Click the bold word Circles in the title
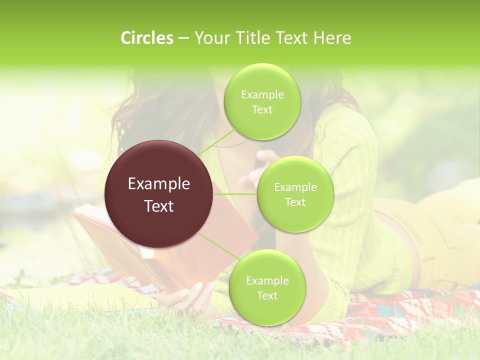[147, 38]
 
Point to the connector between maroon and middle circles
[235, 194]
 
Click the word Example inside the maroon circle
[159, 184]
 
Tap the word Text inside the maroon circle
[159, 206]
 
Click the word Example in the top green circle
[262, 95]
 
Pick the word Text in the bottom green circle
[267, 295]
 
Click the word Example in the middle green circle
[295, 187]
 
